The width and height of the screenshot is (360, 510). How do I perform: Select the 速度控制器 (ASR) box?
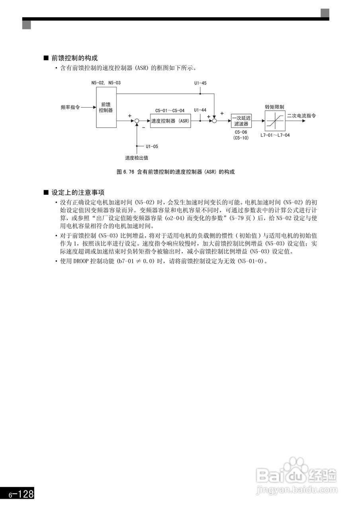[x=170, y=121]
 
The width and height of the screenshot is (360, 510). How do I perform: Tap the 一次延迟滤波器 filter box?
[x=241, y=121]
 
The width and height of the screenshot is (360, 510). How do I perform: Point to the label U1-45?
[x=200, y=83]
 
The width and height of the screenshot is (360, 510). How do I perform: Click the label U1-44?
[x=200, y=110]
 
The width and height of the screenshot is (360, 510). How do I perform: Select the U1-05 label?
[x=152, y=146]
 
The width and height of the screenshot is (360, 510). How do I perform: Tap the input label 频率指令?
[x=70, y=107]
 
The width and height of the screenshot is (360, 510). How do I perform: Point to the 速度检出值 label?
[x=137, y=157]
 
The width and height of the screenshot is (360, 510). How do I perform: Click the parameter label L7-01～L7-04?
[x=275, y=135]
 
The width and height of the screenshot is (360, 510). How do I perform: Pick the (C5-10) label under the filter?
[x=241, y=137]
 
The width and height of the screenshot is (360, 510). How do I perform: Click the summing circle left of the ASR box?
[x=137, y=121]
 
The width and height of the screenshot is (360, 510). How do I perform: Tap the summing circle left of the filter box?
[x=214, y=121]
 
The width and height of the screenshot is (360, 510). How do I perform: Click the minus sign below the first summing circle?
[x=143, y=127]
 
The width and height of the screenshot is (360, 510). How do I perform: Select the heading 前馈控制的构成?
[x=74, y=58]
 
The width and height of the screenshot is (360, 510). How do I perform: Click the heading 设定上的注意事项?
[x=78, y=192]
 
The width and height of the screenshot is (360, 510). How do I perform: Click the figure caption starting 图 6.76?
[x=176, y=172]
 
